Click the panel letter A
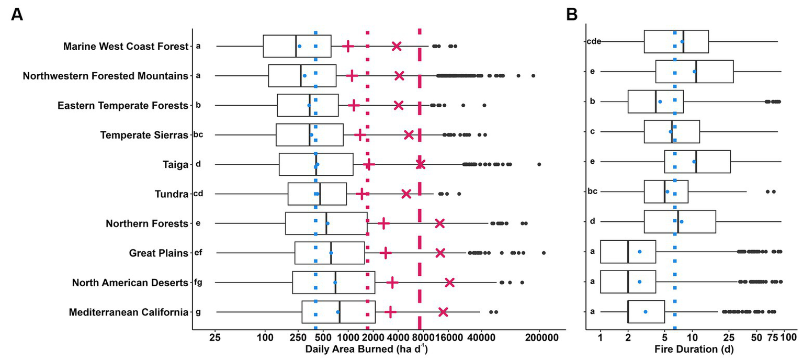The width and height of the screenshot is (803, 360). pyautogui.click(x=17, y=15)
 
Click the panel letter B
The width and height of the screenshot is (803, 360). pyautogui.click(x=572, y=15)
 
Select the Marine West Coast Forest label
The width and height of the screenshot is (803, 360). pyautogui.click(x=125, y=47)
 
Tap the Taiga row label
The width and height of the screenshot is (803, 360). pyautogui.click(x=175, y=165)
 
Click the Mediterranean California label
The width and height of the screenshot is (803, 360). pyautogui.click(x=128, y=312)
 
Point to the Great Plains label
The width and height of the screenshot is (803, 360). pyautogui.click(x=159, y=253)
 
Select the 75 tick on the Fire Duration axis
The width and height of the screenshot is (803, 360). pyautogui.click(x=774, y=338)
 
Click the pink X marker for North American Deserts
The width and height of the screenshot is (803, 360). pyautogui.click(x=449, y=283)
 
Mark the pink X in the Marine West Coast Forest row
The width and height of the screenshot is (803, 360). pyautogui.click(x=397, y=47)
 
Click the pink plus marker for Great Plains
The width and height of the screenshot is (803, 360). pyautogui.click(x=386, y=253)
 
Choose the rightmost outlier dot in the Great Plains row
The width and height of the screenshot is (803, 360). pyautogui.click(x=544, y=253)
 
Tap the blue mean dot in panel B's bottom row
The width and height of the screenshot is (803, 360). pyautogui.click(x=645, y=312)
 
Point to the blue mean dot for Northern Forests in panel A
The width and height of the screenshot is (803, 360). pyautogui.click(x=327, y=223)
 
